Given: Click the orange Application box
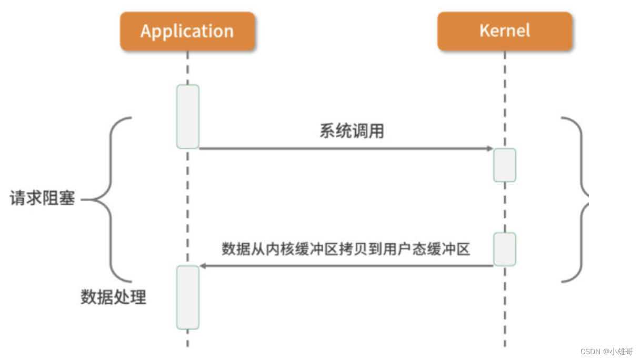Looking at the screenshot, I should [187, 32].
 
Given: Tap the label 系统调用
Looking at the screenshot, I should [352, 131].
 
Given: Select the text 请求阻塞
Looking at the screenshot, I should [42, 199].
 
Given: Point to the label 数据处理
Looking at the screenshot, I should [113, 297].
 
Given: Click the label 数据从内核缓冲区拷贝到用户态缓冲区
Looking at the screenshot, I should [345, 249].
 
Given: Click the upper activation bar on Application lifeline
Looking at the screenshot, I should [188, 116].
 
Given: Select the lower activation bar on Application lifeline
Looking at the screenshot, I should [188, 297].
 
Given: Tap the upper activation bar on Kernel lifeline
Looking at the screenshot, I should [505, 165].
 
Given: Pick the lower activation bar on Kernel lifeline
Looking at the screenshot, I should [505, 249].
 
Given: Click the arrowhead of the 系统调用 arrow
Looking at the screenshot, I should [489, 149].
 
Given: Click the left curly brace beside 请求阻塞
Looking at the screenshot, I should [112, 199].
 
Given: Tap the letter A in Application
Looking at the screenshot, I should [146, 31].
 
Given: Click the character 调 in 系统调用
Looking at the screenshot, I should [359, 131].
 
